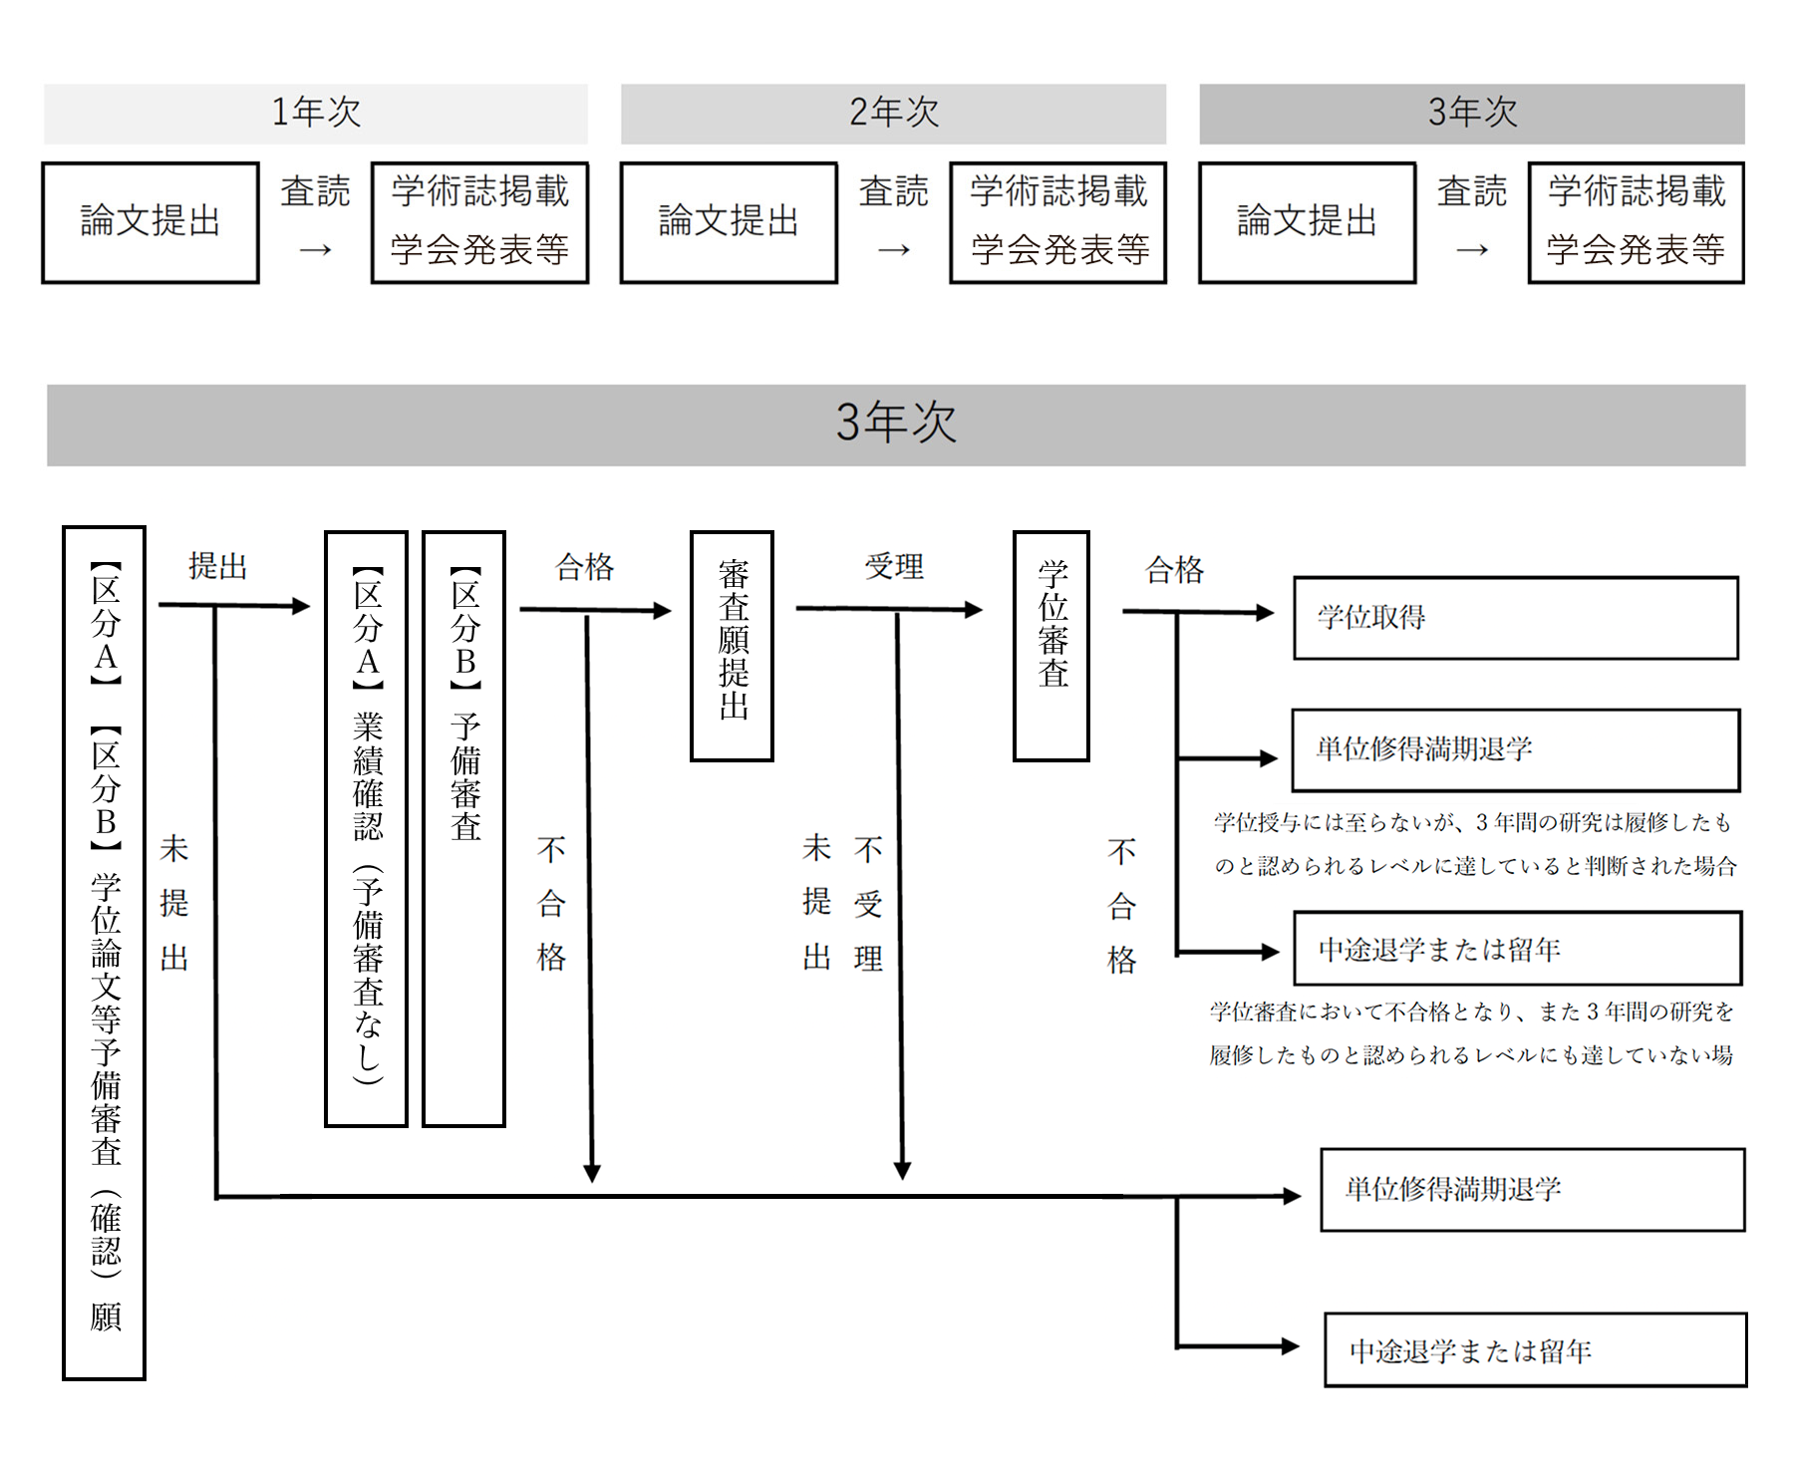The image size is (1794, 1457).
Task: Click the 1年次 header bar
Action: click(315, 114)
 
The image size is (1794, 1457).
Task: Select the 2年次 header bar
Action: click(893, 114)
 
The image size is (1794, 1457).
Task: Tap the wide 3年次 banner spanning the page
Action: click(895, 425)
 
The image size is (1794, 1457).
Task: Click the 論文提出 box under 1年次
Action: click(150, 222)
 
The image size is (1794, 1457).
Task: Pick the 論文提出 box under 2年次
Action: click(729, 222)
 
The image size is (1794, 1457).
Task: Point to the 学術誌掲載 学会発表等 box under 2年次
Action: click(1058, 222)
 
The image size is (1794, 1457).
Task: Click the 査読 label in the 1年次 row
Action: click(315, 191)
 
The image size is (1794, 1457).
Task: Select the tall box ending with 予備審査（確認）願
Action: click(105, 952)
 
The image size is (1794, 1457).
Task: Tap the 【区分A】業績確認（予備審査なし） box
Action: click(367, 828)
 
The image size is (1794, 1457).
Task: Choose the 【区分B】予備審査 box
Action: click(464, 828)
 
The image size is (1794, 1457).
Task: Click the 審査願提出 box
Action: click(733, 646)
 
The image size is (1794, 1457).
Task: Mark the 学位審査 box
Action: click(1051, 646)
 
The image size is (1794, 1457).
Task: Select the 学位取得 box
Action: click(1515, 618)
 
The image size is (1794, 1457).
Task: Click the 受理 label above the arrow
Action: click(894, 567)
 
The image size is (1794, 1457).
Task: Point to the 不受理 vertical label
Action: click(868, 903)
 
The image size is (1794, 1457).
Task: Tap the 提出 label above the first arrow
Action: click(218, 566)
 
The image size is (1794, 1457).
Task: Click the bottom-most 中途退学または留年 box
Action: click(1535, 1350)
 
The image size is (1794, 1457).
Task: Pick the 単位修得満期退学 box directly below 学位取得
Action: click(1515, 749)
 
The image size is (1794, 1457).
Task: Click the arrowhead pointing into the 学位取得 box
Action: click(1266, 613)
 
